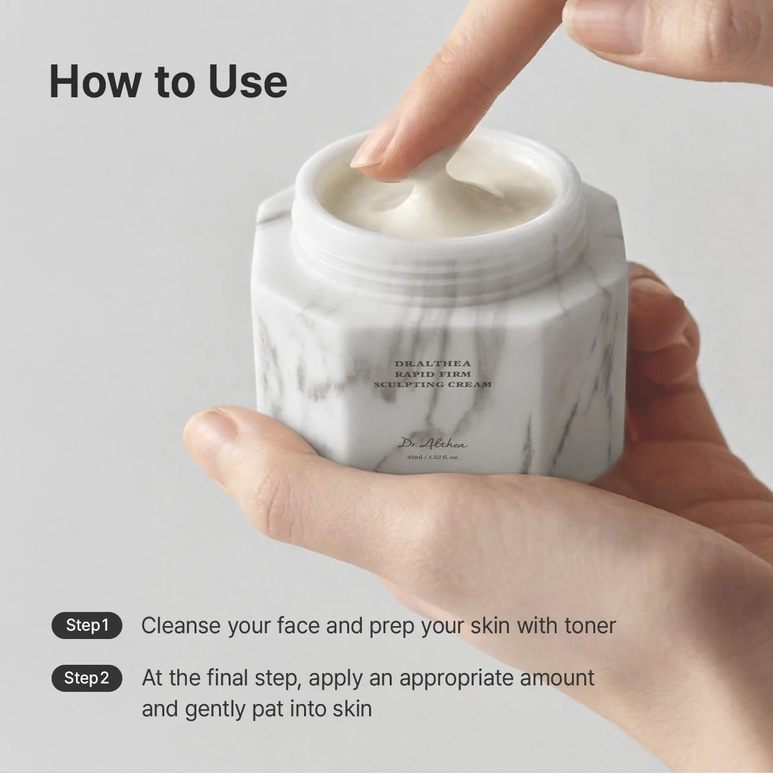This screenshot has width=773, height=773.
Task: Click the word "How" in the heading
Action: tap(93, 81)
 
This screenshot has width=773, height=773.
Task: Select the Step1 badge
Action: tap(87, 625)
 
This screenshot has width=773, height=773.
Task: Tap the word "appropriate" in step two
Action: tap(456, 679)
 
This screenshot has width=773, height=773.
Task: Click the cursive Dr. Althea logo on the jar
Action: tap(433, 444)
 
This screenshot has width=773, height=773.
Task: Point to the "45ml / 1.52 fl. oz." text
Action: tap(433, 457)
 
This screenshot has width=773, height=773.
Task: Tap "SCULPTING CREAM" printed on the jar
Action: tap(433, 385)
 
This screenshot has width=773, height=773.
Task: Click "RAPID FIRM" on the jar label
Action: tap(433, 374)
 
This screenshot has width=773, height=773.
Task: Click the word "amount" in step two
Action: tap(557, 678)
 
